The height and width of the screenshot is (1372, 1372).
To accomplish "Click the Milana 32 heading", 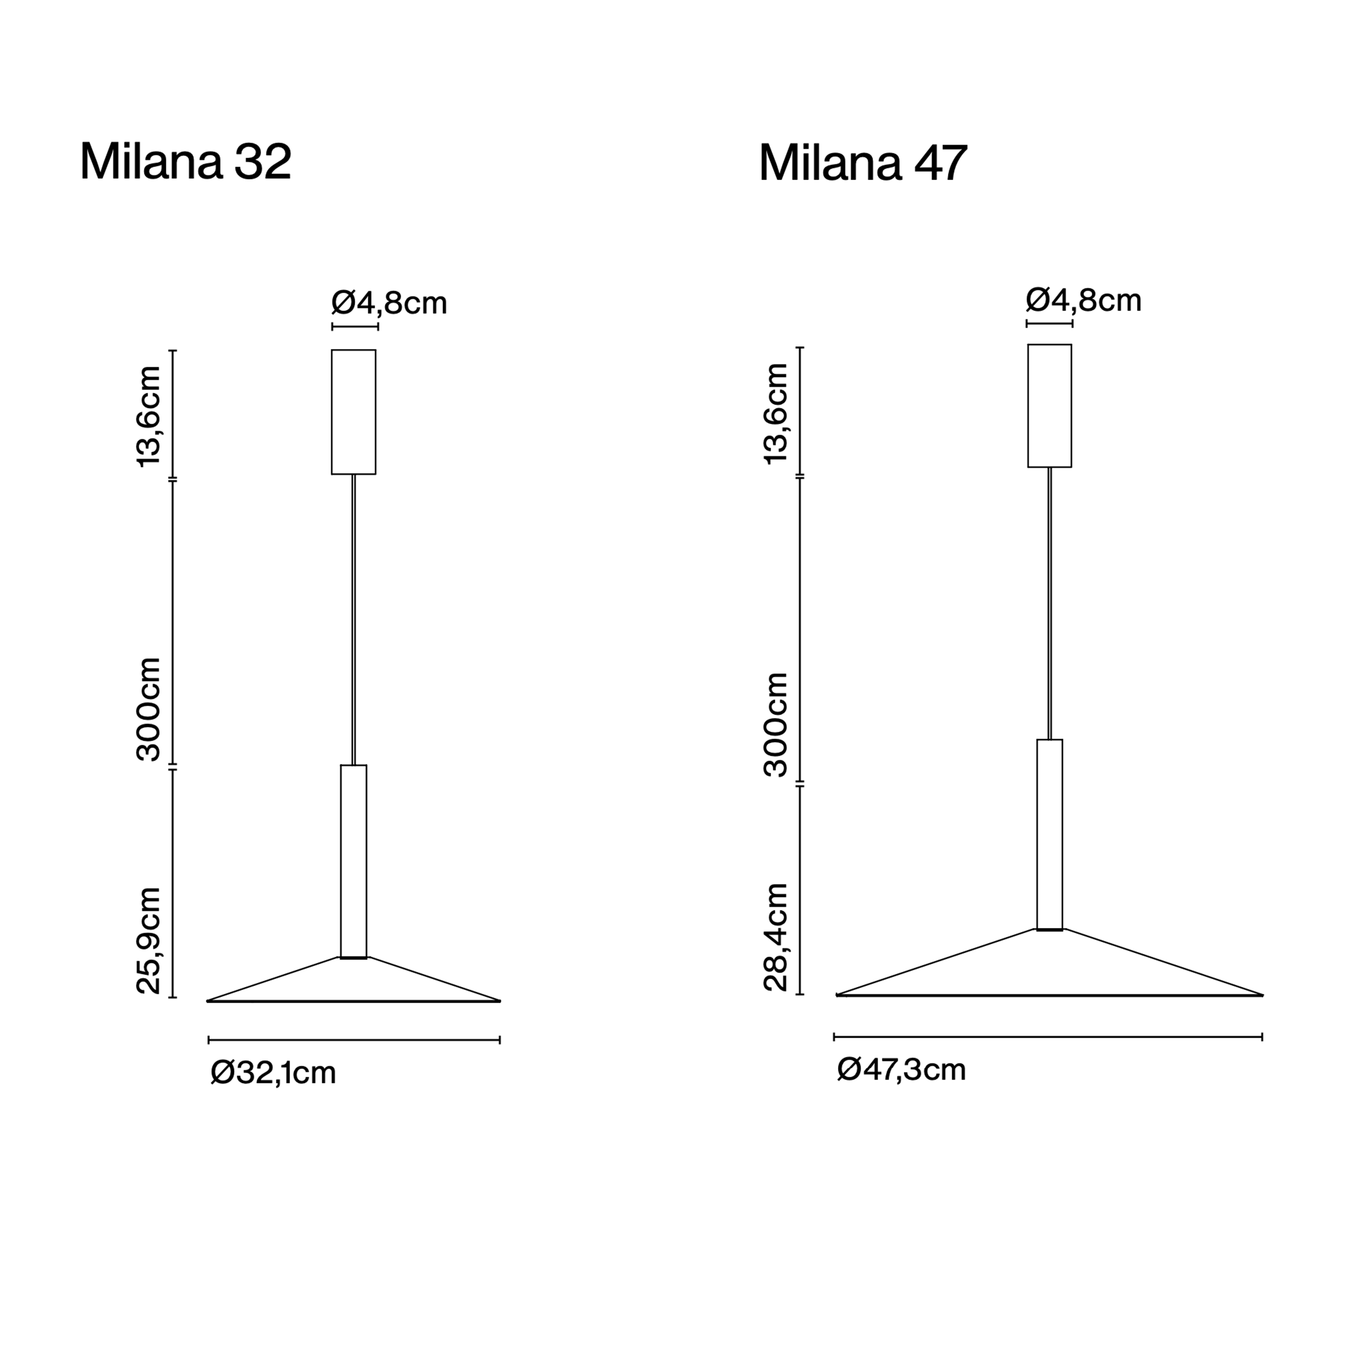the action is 185,162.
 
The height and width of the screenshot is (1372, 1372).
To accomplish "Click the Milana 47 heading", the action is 863,164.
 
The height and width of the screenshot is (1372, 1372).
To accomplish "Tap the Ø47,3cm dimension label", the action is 902,1070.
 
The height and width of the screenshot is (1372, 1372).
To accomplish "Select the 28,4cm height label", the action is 775,937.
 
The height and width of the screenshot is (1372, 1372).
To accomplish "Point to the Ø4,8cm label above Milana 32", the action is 390,303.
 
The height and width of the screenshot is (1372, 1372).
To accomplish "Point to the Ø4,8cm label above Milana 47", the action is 1084,300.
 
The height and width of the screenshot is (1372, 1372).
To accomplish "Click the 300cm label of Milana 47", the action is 775,725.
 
